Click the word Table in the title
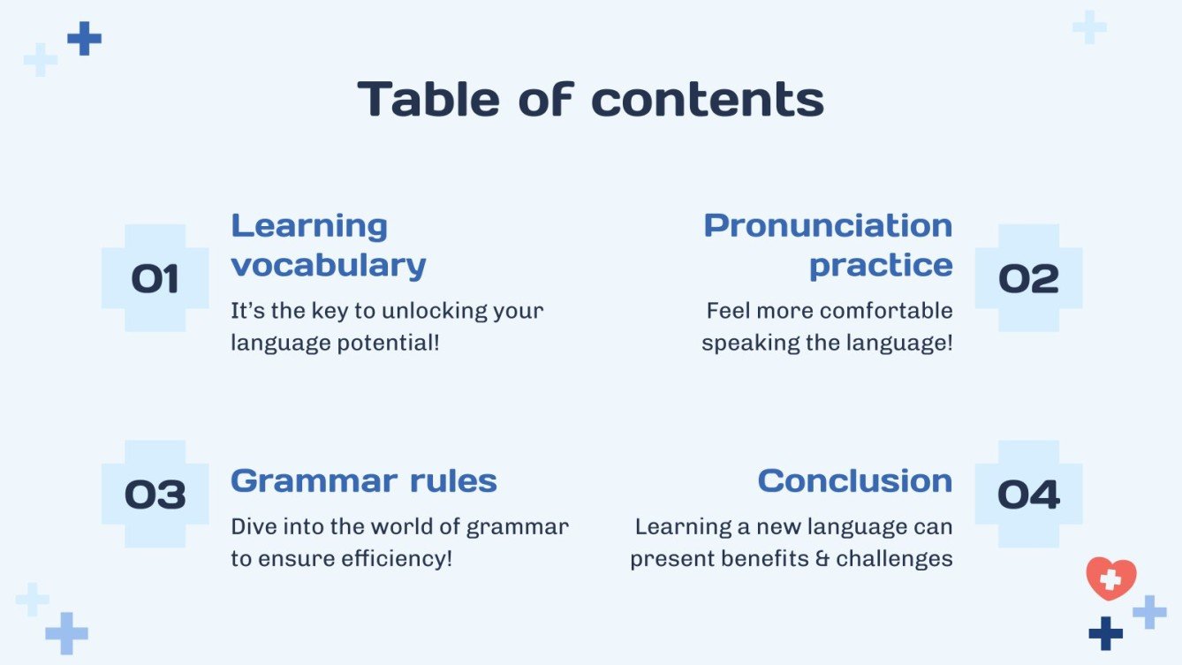[x=428, y=99]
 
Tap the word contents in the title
[x=707, y=100]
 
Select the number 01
[x=155, y=278]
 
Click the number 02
[x=1028, y=278]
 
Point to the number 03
[x=155, y=495]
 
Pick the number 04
[x=1028, y=495]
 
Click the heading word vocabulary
[x=329, y=265]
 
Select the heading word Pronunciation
[x=828, y=226]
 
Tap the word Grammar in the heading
[x=314, y=481]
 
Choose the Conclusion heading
[x=855, y=481]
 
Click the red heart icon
[x=1111, y=578]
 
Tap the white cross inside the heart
[x=1110, y=579]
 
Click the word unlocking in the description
[x=435, y=311]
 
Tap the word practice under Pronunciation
[x=881, y=265]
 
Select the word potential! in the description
[x=388, y=344]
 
